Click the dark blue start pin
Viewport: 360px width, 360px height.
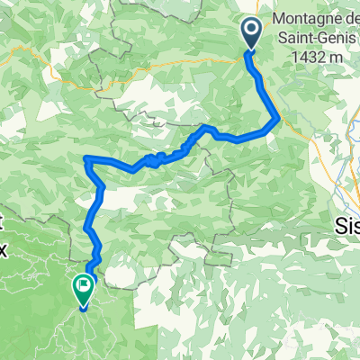point(251,34)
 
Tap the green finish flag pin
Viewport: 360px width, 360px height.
point(84,290)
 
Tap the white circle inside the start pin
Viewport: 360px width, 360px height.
point(251,31)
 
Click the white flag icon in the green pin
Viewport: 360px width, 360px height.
point(84,286)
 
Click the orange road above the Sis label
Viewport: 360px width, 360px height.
point(343,202)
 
